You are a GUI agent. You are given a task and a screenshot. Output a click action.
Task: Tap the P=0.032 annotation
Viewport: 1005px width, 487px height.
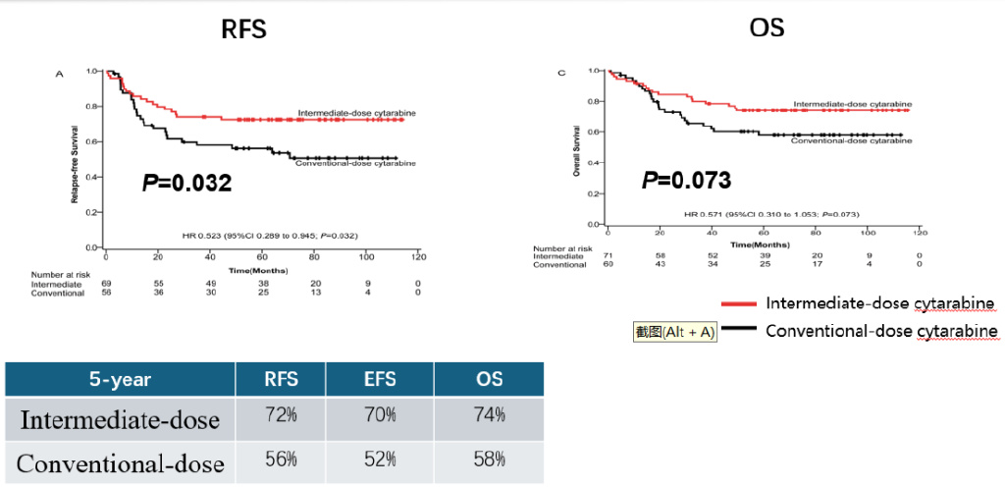[x=187, y=182]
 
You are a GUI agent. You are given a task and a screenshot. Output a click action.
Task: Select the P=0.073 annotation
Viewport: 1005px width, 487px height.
[x=686, y=180]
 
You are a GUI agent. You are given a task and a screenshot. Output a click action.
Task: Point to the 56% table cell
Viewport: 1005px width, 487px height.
[x=282, y=459]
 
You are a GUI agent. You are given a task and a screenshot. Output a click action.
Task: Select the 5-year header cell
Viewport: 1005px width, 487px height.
[x=120, y=379]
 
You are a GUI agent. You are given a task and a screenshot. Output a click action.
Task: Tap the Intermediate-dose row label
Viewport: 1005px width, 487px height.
[x=120, y=420]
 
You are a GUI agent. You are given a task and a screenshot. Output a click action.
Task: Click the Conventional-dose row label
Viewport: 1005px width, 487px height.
[x=120, y=463]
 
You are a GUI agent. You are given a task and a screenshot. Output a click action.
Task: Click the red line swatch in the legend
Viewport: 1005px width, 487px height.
[x=738, y=302]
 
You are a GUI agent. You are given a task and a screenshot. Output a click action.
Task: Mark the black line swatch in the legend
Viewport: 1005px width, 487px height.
[x=738, y=331]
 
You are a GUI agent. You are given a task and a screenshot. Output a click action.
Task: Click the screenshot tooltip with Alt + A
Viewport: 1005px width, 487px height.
[x=674, y=332]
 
